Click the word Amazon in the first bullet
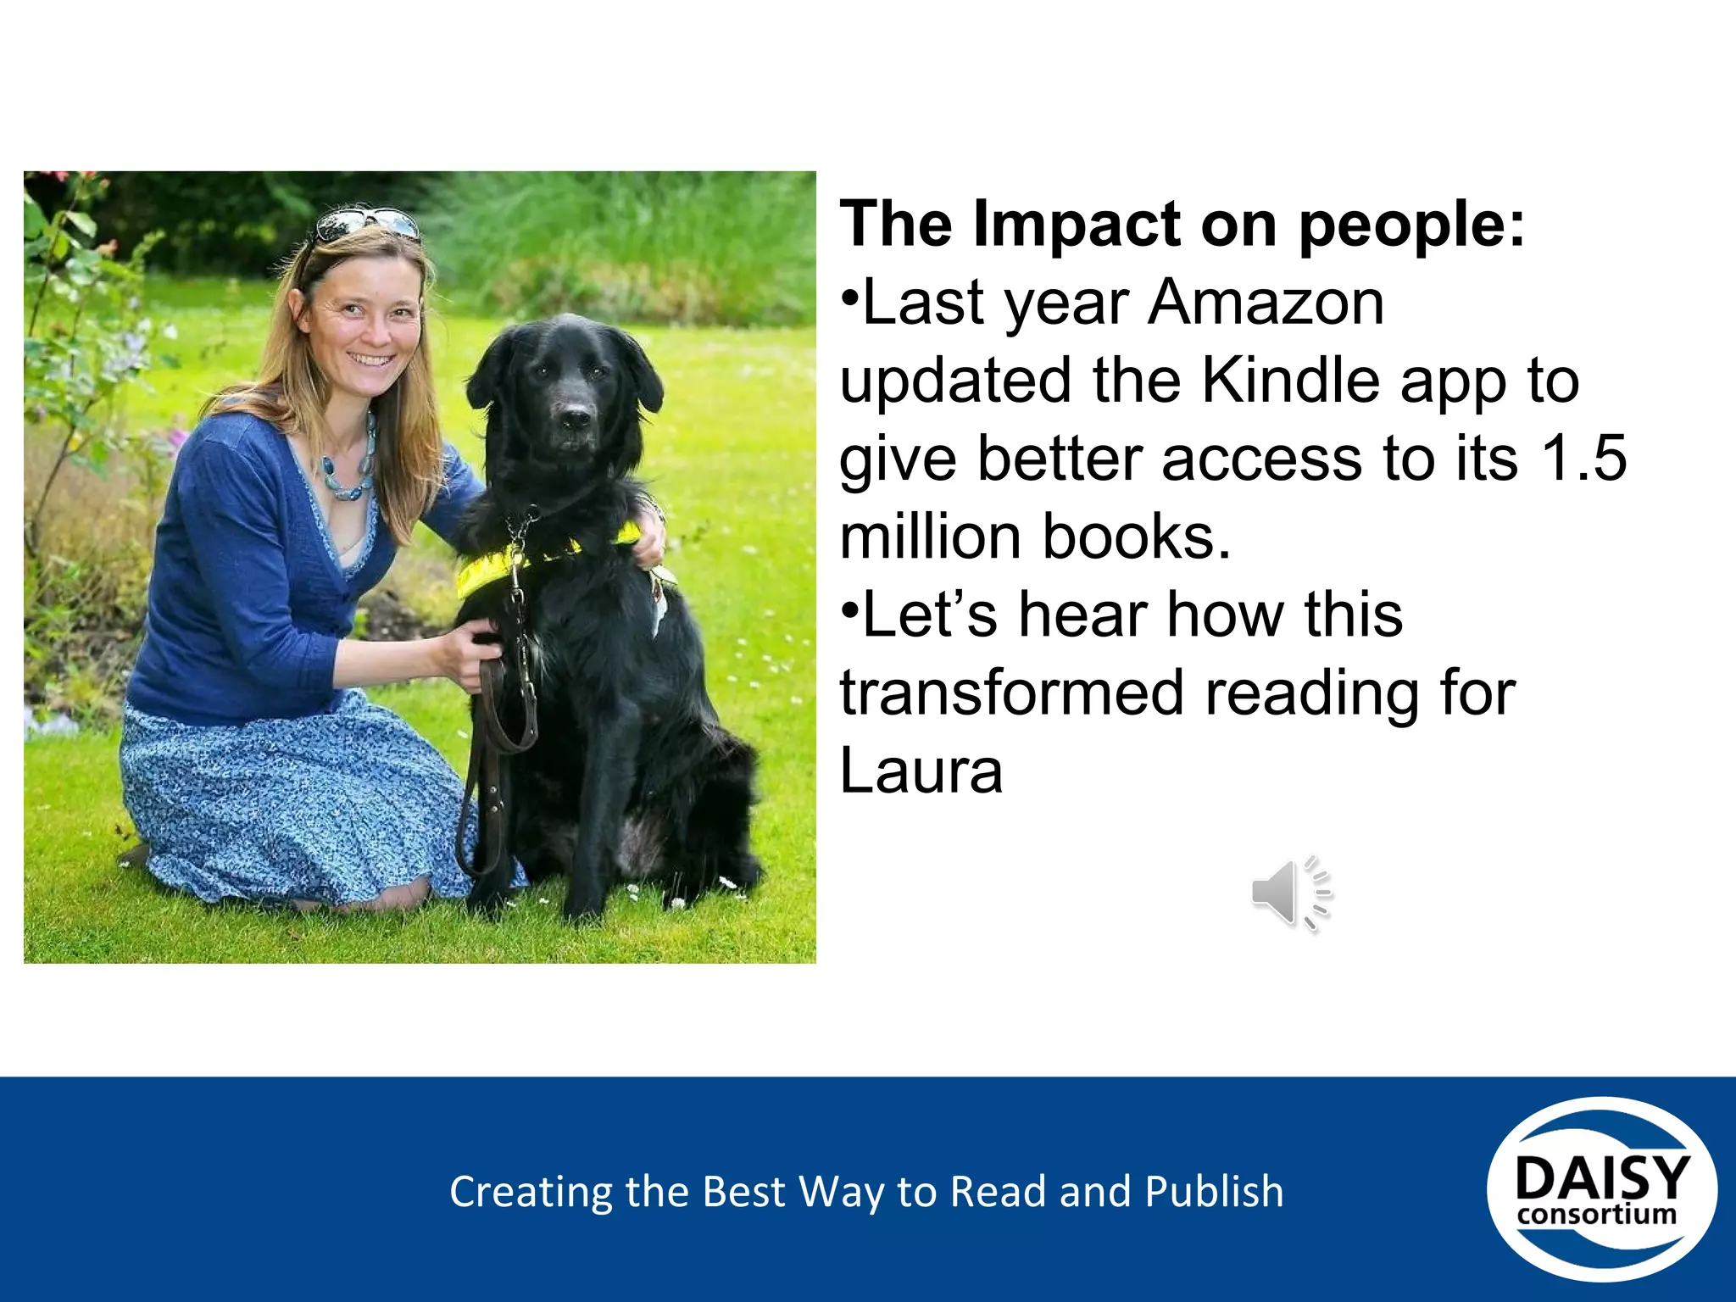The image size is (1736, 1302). pos(1266,303)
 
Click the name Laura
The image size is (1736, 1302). pos(921,771)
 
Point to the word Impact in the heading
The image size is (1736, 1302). pos(1077,225)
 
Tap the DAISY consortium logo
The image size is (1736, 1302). pos(1601,1189)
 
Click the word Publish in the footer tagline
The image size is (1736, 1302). pos(1214,1192)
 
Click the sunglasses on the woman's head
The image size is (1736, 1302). pos(366,223)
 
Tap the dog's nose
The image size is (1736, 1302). pos(576,418)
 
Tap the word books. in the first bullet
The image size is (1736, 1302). pos(1136,537)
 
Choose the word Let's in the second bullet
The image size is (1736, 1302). pos(929,615)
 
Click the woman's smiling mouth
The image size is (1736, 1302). pos(372,359)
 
